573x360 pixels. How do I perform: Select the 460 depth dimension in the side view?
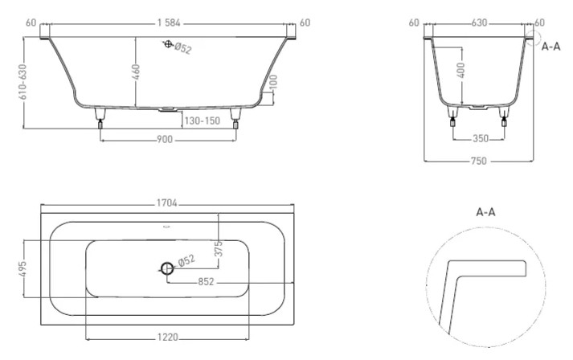137,72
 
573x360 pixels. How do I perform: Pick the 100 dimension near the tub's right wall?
273,83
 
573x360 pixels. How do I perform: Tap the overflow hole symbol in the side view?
168,45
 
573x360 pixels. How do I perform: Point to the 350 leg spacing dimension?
481,139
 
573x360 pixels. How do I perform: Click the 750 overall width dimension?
479,162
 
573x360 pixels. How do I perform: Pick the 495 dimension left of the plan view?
23,266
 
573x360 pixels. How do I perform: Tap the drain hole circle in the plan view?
166,268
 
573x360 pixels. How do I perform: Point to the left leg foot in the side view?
100,123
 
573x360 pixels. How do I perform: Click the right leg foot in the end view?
505,123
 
